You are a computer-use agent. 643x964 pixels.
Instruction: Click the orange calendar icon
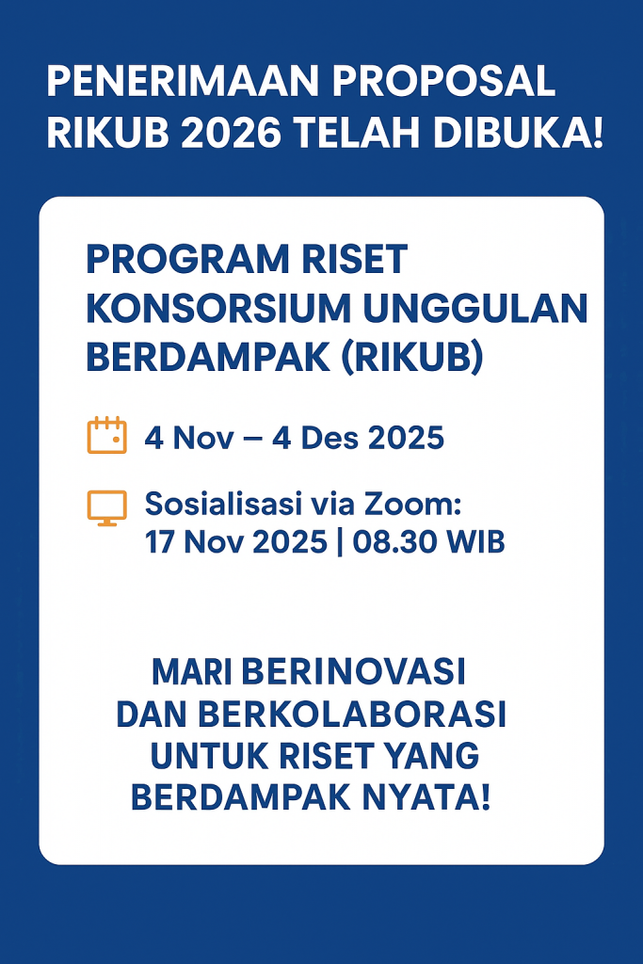tap(106, 436)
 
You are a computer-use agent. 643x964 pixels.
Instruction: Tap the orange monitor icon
tap(106, 506)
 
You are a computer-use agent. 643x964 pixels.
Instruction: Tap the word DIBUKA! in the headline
tap(517, 136)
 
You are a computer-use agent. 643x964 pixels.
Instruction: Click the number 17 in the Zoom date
tap(160, 542)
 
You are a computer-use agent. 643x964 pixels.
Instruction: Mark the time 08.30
tap(394, 542)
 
